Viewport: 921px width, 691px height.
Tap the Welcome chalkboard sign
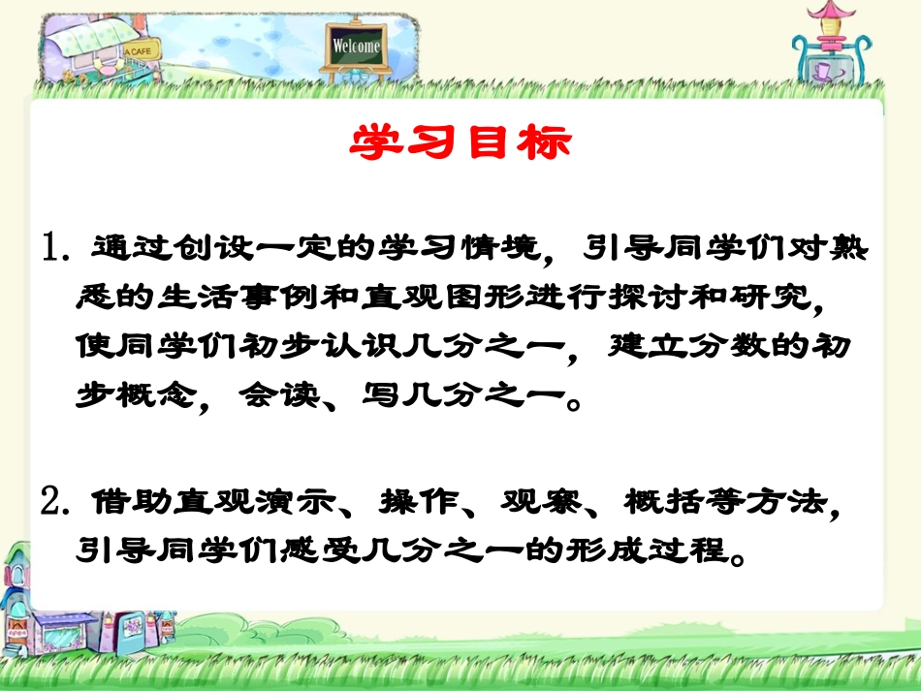coord(357,46)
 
